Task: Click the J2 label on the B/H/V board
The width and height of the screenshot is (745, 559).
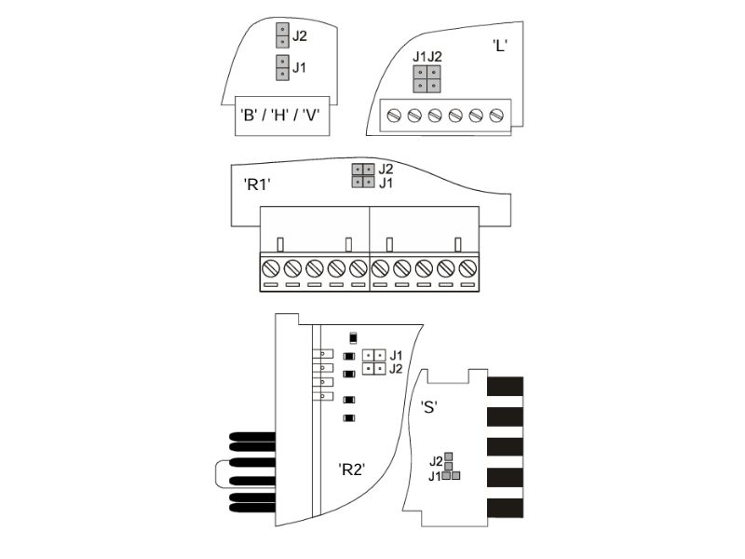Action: pos(299,35)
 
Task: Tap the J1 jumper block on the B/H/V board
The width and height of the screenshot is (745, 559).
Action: pos(282,67)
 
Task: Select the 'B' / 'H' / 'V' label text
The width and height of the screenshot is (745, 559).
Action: pos(280,115)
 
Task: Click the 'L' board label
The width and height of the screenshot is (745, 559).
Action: pos(500,46)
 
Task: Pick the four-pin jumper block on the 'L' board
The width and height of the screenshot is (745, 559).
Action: pos(427,79)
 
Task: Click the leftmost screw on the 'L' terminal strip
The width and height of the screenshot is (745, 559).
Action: pos(394,115)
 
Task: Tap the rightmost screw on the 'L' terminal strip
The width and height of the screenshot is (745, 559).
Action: pos(496,115)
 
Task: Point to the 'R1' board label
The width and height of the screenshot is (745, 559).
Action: pos(257,184)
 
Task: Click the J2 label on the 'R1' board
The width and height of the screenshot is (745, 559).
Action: pos(386,169)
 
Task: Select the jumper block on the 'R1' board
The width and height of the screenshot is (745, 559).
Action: pos(363,175)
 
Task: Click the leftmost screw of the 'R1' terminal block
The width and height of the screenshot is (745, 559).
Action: pos(271,268)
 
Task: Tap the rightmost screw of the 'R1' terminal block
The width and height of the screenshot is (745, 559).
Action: pos(467,268)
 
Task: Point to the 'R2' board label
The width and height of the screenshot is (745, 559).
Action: pos(352,470)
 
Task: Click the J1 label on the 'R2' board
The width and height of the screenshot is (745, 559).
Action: pos(396,355)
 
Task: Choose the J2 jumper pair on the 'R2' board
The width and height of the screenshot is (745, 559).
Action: pos(374,369)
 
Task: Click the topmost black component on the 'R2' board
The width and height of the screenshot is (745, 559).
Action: pos(353,337)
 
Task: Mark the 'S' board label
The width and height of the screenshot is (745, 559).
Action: pos(429,407)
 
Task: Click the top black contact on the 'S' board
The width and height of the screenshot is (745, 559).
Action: pos(505,387)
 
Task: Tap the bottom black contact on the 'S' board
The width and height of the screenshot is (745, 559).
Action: pos(505,508)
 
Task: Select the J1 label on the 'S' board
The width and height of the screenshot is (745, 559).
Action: pos(435,476)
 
